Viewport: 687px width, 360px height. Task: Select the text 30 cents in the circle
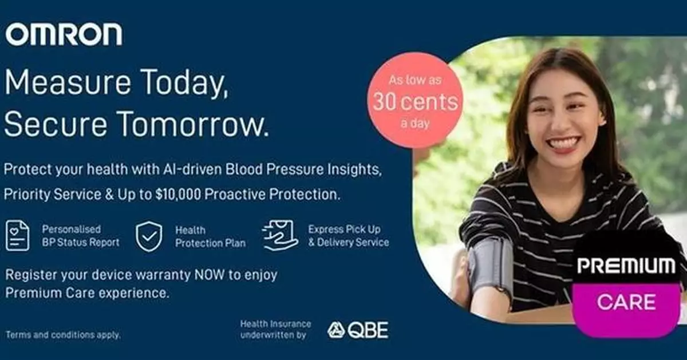[415, 102]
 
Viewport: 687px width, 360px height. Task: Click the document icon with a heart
[18, 235]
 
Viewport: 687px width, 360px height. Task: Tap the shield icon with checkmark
[148, 236]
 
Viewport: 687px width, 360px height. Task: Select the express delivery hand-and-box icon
[280, 235]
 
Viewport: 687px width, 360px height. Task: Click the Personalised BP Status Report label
[80, 235]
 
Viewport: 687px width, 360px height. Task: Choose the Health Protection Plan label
[210, 236]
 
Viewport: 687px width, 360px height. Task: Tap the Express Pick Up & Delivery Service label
[348, 235]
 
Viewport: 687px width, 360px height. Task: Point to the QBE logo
[358, 330]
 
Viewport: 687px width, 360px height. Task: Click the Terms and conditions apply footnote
[63, 335]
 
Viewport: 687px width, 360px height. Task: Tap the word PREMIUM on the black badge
[626, 266]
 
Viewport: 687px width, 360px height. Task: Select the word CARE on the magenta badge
[626, 302]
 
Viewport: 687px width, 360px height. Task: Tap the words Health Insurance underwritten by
[275, 330]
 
